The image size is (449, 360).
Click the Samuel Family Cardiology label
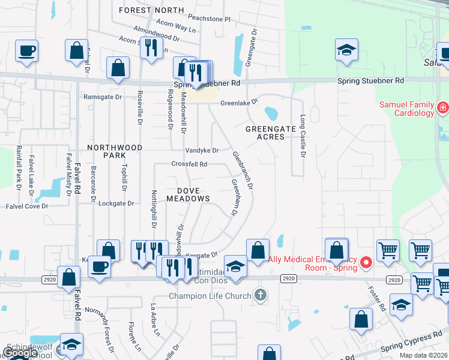tap(406, 109)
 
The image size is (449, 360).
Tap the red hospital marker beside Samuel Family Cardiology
tap(443, 108)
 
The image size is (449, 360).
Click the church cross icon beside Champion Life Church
tap(259, 295)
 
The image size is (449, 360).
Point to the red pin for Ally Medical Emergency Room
tap(364, 262)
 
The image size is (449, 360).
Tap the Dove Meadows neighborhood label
tap(188, 193)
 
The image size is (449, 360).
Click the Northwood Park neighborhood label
tap(115, 151)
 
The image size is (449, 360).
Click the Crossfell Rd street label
tap(189, 164)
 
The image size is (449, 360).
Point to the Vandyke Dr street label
tap(202, 150)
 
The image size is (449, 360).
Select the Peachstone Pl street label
tap(209, 19)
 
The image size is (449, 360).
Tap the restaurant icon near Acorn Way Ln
tap(150, 47)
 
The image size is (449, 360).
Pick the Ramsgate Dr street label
tap(103, 97)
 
